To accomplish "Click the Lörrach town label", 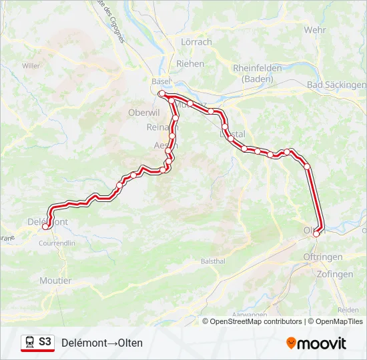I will [x=196, y=42].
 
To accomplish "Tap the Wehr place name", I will [x=314, y=30].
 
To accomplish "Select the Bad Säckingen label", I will [x=336, y=85].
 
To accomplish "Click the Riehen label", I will [x=190, y=63].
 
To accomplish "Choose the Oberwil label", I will [x=141, y=113].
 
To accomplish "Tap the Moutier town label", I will [x=55, y=281].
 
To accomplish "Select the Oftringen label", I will [x=322, y=257].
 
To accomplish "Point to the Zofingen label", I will [x=335, y=274].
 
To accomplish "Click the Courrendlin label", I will [x=57, y=243].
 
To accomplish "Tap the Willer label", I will [x=31, y=65].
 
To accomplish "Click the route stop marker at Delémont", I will [x=45, y=227].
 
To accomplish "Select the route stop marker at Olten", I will [x=316, y=233].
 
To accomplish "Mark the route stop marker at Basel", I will [x=161, y=94].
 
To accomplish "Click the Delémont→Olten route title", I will [x=101, y=343].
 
